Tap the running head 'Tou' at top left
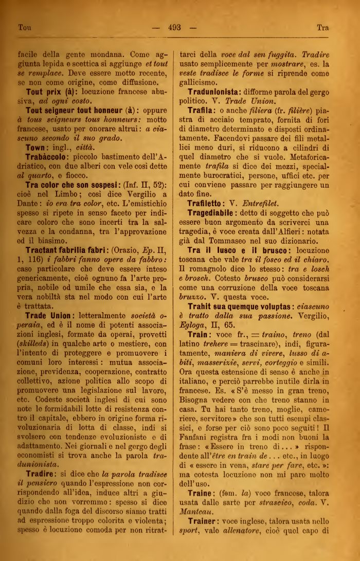point(25,27)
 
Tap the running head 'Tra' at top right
point(322,27)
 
